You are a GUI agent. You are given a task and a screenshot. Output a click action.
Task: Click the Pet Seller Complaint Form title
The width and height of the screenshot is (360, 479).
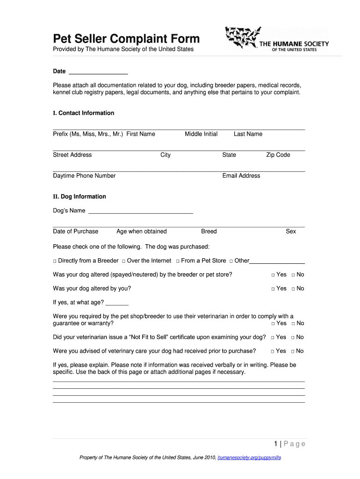pos(126,38)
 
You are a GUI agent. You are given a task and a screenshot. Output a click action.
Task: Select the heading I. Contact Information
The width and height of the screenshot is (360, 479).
pos(84,113)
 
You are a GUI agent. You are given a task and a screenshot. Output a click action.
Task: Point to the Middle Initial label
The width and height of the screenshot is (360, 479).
pos(201,134)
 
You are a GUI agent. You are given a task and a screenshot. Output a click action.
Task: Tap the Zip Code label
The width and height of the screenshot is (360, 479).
pos(278,155)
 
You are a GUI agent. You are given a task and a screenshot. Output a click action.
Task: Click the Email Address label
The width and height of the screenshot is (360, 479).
pos(241,176)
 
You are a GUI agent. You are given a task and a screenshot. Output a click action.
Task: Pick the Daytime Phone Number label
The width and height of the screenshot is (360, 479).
pos(84,176)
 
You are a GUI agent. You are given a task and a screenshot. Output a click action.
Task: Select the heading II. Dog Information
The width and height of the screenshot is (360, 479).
pos(79,197)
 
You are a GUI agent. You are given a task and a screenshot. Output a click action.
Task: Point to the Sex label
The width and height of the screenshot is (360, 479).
pos(291,232)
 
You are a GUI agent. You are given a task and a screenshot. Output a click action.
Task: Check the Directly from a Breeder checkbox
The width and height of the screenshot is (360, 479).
pos(55,261)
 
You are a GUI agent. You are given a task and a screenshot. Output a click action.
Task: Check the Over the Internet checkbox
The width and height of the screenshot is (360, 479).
pos(123,261)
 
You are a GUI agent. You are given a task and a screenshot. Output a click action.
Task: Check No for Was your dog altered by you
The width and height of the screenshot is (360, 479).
pos(293,289)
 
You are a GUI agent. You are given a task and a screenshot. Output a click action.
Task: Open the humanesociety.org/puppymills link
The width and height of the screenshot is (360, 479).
pos(249,458)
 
